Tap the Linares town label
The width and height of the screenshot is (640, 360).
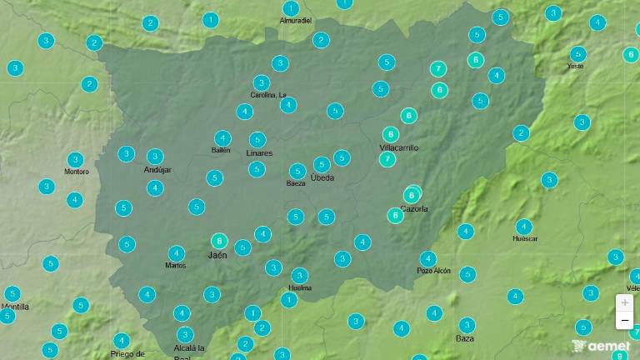(259, 153)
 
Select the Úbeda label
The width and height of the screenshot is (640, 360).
(322, 177)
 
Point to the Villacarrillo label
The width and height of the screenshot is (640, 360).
(398, 147)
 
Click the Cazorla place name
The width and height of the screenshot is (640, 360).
(414, 208)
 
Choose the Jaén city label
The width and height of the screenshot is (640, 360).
(217, 255)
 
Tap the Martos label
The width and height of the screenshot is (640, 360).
(176, 265)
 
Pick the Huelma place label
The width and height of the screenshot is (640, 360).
(299, 287)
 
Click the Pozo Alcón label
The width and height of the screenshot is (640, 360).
(433, 271)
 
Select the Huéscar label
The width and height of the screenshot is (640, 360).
(525, 238)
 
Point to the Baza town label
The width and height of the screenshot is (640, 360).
(465, 338)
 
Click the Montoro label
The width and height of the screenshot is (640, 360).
(76, 172)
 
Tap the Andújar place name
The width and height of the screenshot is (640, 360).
(157, 169)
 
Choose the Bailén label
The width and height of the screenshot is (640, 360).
(221, 150)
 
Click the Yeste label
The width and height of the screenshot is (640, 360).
(575, 66)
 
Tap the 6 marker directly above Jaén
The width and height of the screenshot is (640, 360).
(219, 241)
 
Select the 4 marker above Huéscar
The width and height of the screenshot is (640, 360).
(523, 226)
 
